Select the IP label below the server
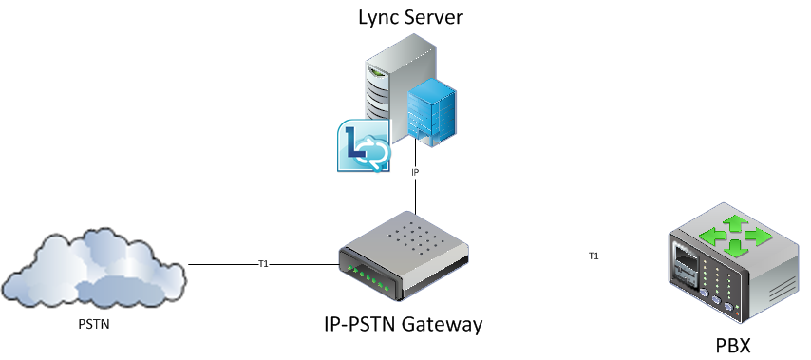(415, 173)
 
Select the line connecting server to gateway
(415, 195)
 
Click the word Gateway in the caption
(445, 325)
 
